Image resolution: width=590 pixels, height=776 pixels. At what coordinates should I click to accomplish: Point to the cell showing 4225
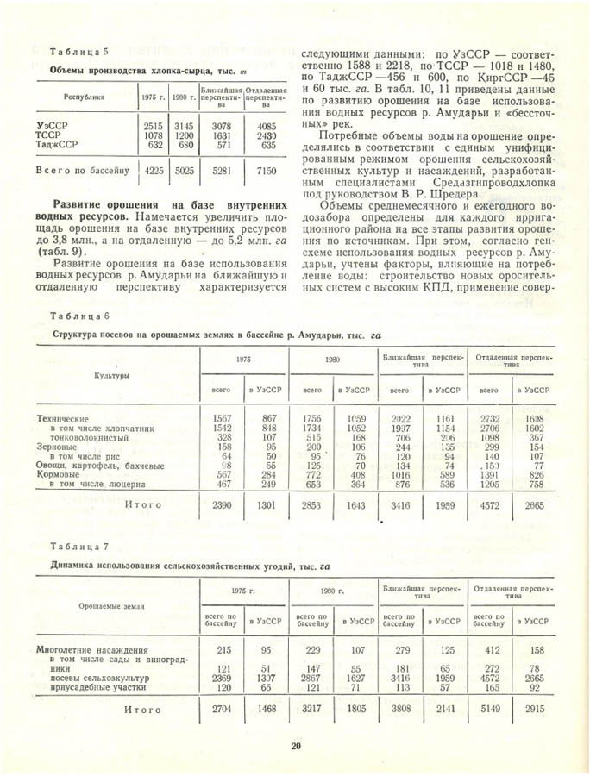pyautogui.click(x=154, y=171)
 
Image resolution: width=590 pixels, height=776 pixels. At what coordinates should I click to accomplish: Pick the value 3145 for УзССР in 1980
pyautogui.click(x=183, y=126)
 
